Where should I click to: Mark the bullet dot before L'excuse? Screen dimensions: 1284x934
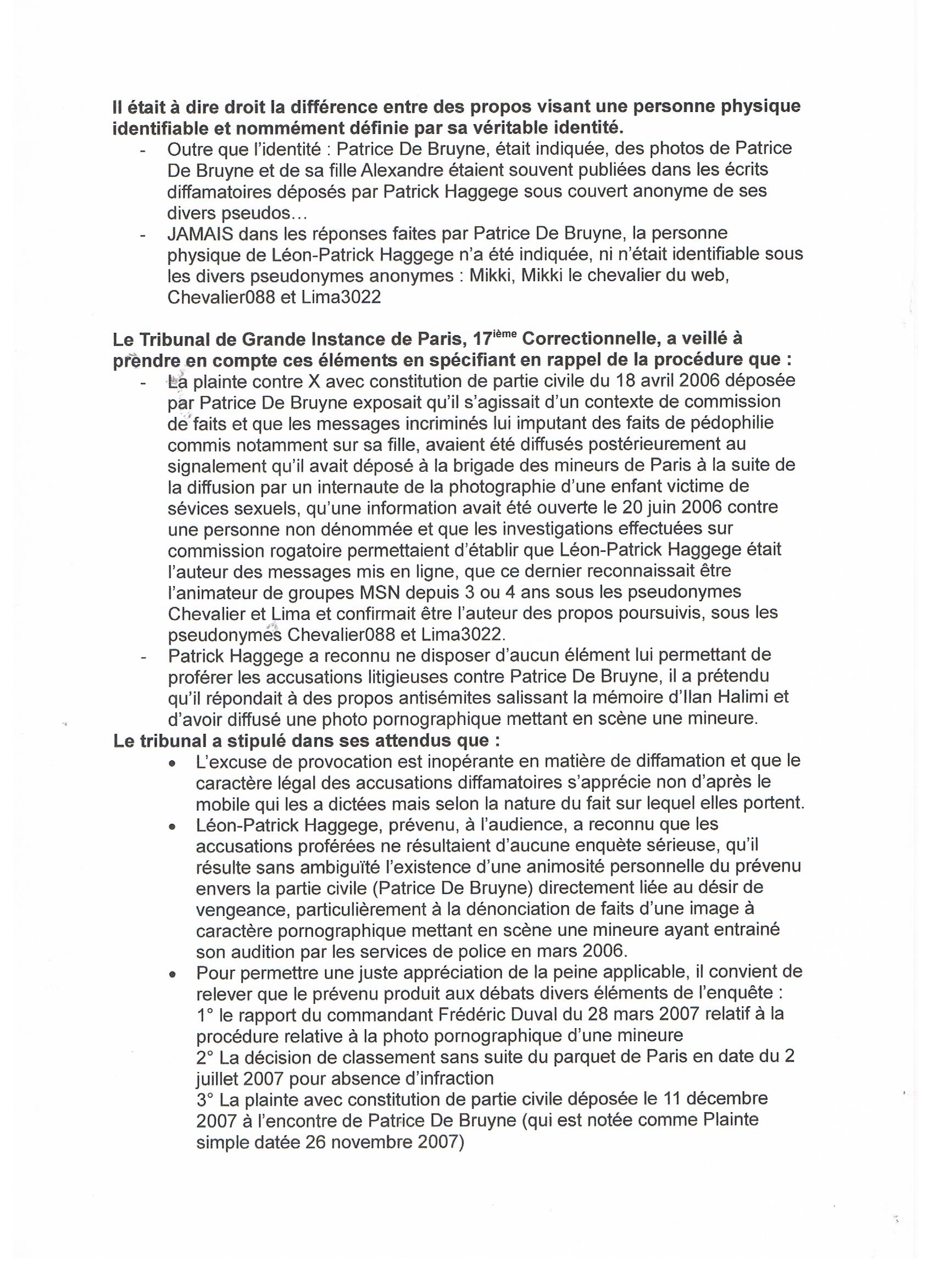[x=171, y=764]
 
